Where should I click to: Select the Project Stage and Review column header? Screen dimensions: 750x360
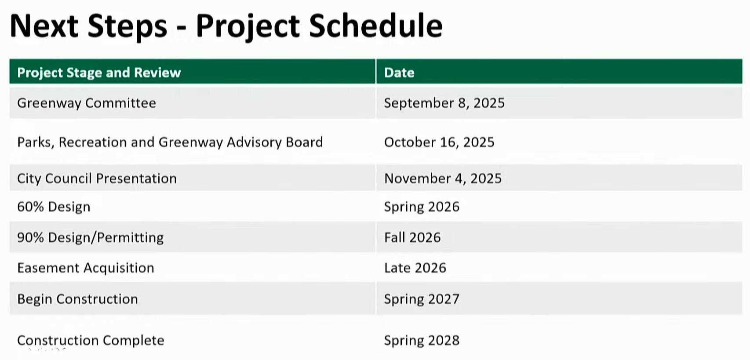99,73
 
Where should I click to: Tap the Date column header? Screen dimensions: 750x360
399,73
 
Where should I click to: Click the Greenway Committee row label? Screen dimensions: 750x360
86,103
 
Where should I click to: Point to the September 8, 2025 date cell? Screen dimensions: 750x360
444,103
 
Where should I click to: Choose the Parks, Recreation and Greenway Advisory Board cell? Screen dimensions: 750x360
170,142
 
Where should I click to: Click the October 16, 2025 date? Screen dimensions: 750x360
439,142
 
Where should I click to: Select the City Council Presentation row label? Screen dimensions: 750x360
97,178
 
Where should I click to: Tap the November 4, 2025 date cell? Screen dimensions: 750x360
443,178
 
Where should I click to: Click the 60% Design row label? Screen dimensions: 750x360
54,207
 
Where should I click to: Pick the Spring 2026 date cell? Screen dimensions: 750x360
422,207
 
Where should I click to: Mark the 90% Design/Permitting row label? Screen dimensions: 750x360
91,237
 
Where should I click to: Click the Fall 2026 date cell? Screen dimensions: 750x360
412,237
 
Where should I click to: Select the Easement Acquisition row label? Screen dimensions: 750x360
86,268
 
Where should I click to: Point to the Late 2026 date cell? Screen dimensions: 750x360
415,268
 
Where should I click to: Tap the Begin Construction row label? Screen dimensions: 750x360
77,299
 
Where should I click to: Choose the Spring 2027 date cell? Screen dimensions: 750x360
422,299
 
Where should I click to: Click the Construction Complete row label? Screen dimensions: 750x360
91,340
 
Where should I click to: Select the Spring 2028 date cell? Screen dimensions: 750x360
422,341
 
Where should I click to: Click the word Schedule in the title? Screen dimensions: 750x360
376,26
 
